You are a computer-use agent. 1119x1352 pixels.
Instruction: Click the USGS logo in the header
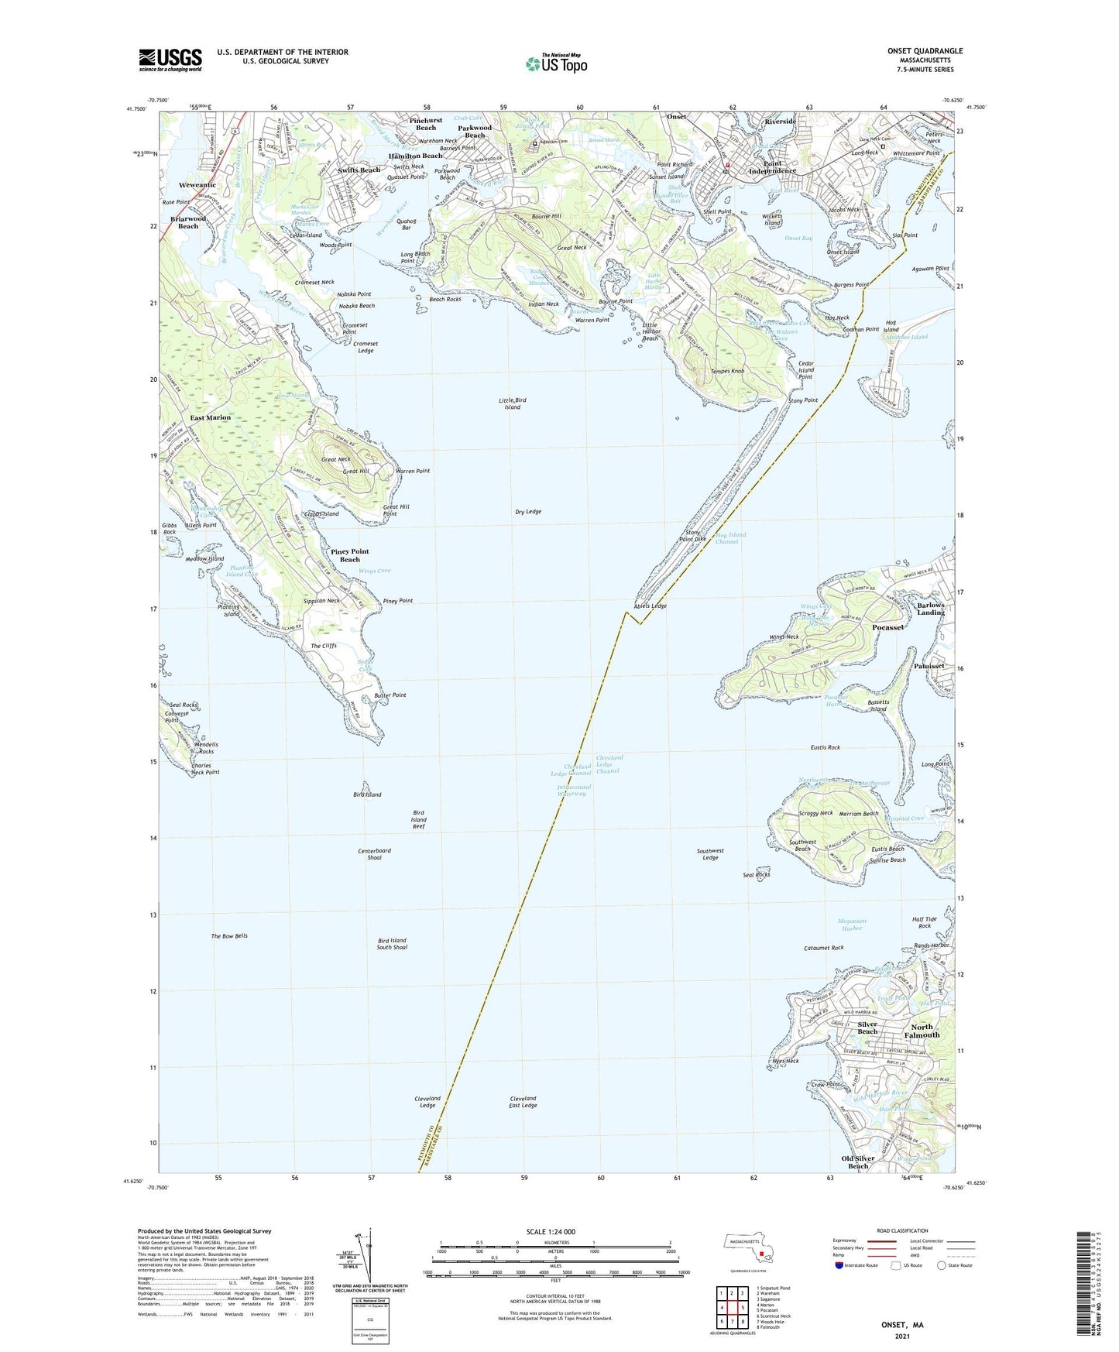click(170, 59)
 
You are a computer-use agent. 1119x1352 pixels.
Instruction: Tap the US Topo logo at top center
click(555, 63)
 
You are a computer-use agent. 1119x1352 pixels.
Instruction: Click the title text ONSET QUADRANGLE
click(925, 51)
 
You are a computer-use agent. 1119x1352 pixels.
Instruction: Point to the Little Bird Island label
click(513, 403)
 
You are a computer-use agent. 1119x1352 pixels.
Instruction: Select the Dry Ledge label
click(528, 512)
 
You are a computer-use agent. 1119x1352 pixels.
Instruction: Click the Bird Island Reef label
click(419, 819)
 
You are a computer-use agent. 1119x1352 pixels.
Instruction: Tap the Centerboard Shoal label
click(374, 854)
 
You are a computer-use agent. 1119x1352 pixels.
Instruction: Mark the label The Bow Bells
click(229, 936)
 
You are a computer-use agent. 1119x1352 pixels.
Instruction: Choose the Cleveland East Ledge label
click(523, 1102)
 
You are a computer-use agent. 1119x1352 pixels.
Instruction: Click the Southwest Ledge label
click(710, 854)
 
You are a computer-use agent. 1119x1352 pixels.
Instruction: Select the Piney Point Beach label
click(350, 555)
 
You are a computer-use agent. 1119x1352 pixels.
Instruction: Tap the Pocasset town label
click(887, 627)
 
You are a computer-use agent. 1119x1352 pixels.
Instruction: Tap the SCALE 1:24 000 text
click(555, 1232)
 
